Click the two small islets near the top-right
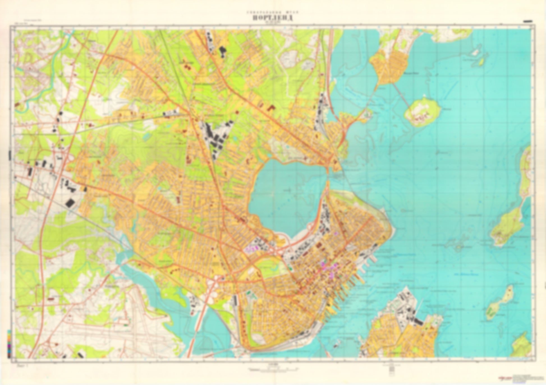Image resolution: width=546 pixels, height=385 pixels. pyautogui.click(x=478, y=56)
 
